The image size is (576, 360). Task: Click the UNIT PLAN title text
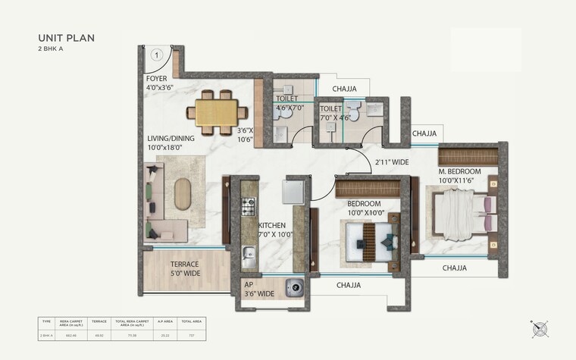(x=66, y=37)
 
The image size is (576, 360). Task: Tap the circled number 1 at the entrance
(x=156, y=55)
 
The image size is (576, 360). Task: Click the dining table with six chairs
(x=216, y=108)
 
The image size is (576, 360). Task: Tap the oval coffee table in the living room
(x=183, y=193)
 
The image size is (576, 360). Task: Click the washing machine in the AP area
(x=294, y=287)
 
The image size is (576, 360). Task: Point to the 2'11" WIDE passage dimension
(x=391, y=162)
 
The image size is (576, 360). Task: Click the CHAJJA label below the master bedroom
(x=454, y=268)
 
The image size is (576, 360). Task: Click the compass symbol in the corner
(x=540, y=328)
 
